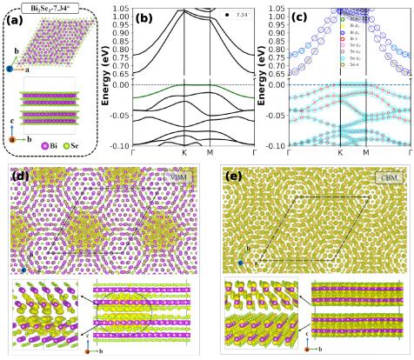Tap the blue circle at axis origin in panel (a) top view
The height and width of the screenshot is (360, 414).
click(x=10, y=67)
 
